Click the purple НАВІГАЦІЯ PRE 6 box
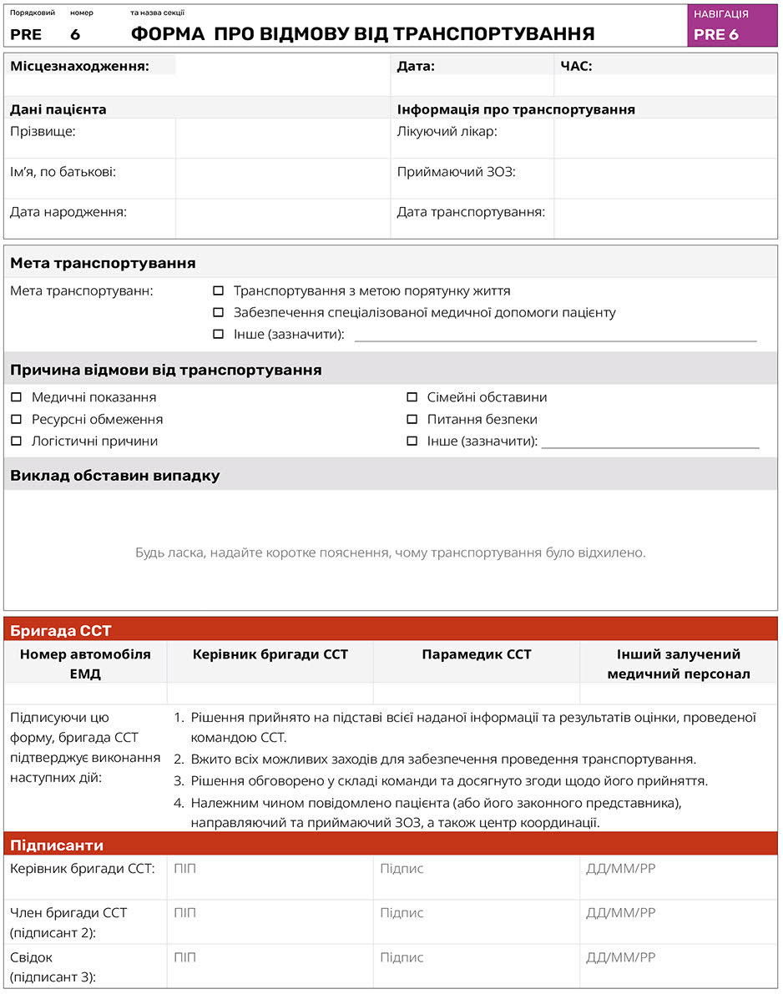732,25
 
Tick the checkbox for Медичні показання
16,397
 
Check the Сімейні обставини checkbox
412,397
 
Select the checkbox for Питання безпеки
412,419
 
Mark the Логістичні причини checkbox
16,441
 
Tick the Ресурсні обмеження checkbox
16,419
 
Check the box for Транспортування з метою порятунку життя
219,291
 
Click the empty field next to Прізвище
282,138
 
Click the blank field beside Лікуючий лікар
664,138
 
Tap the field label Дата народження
68,212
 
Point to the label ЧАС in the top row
577,66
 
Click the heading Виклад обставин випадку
115,476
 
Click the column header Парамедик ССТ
476,654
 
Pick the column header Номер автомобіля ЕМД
85,664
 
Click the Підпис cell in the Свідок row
476,966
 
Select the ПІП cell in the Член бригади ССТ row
270,921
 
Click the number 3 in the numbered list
178,781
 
